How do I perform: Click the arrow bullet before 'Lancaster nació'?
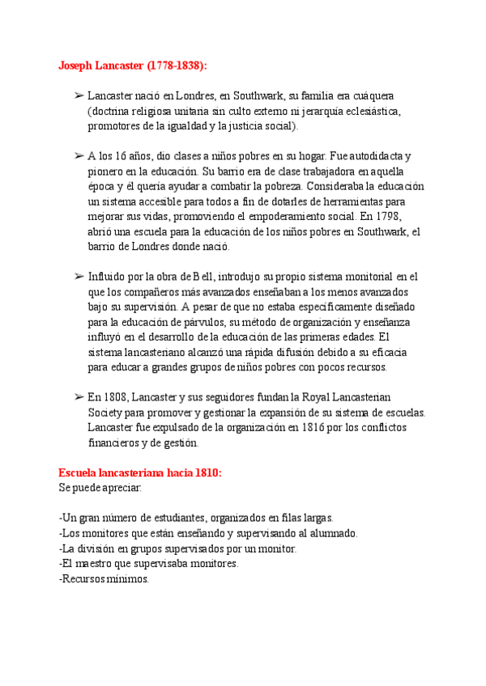(79, 96)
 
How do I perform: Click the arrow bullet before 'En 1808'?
(79, 397)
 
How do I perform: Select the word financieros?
(116, 443)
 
